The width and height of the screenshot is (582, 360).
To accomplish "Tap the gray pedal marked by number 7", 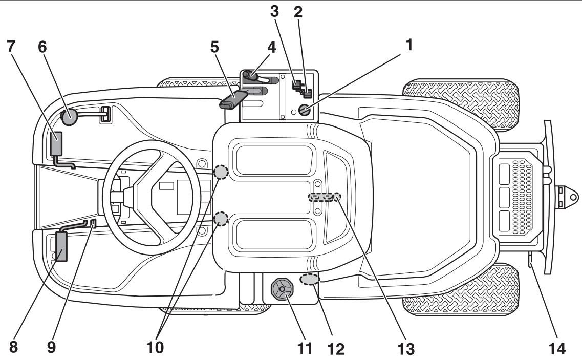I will pos(56,143).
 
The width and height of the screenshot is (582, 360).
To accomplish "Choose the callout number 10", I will pos(156,348).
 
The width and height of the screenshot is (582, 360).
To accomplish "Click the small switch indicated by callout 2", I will pos(307,93).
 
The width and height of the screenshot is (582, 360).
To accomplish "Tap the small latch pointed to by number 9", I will pos(93,223).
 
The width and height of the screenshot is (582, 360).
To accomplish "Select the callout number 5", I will pos(215,47).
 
